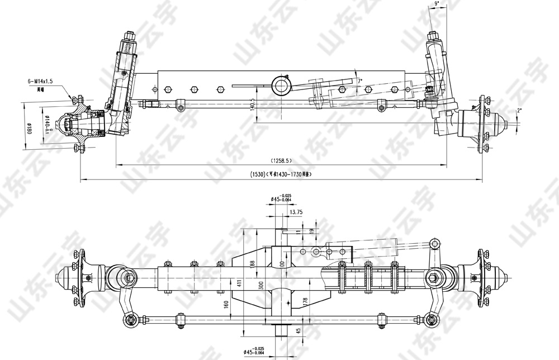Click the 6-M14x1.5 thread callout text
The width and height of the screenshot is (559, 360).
click(40, 81)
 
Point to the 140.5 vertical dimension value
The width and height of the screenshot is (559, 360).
click(253, 104)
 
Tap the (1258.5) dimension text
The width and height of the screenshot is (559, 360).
click(279, 161)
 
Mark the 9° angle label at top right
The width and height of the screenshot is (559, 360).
click(437, 4)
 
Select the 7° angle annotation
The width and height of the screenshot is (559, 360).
click(360, 81)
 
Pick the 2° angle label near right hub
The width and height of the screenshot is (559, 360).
click(519, 111)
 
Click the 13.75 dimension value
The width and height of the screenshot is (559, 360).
click(296, 212)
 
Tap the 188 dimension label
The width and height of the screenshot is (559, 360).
click(252, 263)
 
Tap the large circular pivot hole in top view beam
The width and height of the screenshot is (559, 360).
click(280, 86)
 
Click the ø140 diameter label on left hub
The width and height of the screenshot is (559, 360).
click(48, 124)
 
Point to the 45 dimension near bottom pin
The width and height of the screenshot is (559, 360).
click(297, 330)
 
